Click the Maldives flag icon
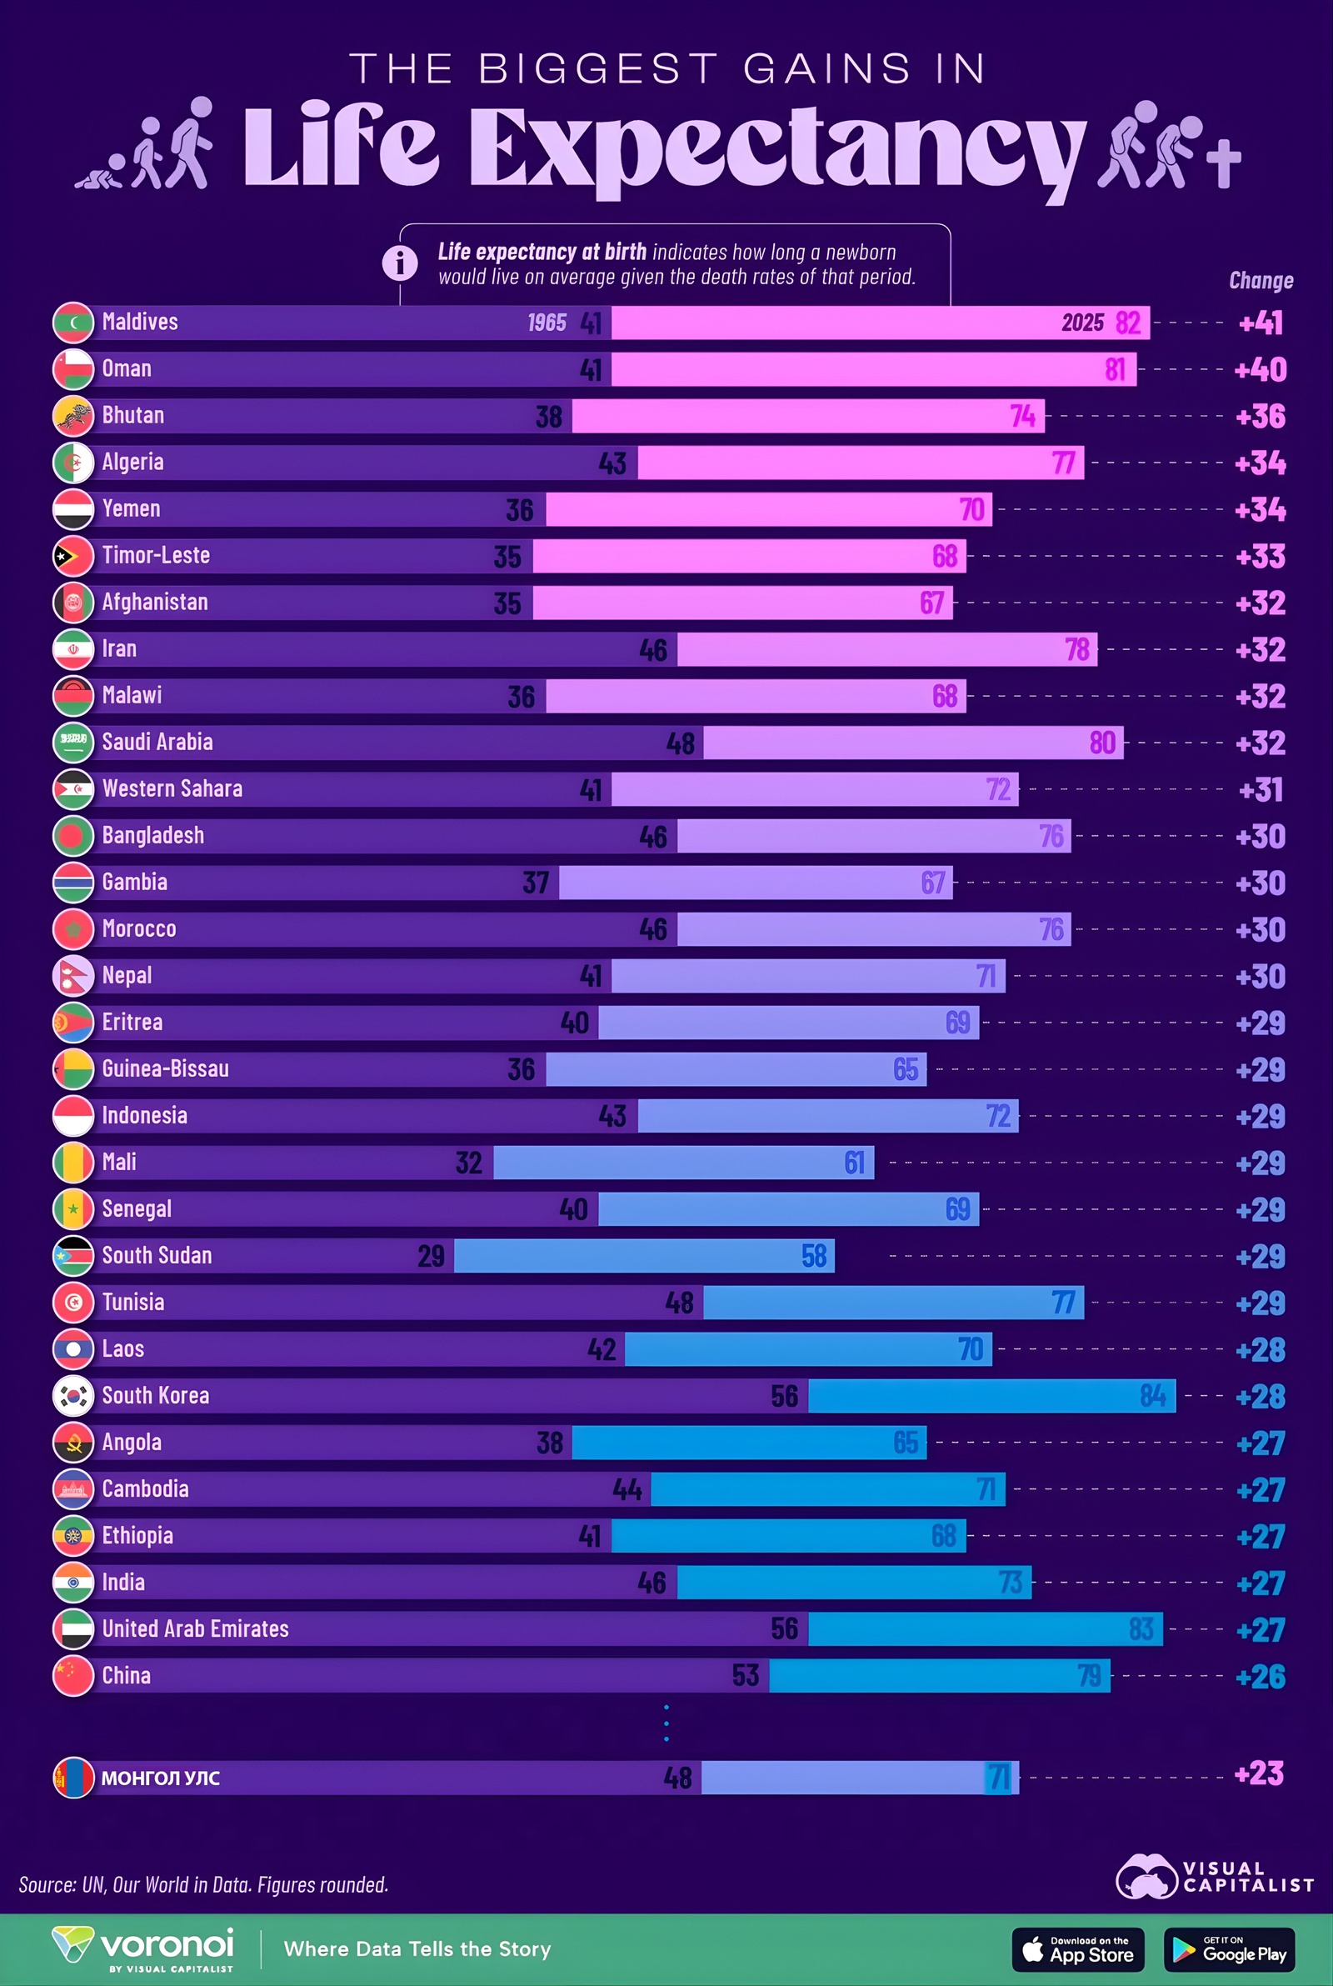coord(73,323)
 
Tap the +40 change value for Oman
coord(1260,370)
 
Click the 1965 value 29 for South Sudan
coord(431,1256)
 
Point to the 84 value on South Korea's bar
coord(1153,1396)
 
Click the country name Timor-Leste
coord(156,556)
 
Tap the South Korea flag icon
coord(73,1396)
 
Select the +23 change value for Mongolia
coord(1258,1773)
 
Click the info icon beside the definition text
coord(400,263)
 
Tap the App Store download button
coord(1077,1949)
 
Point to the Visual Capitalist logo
coord(1214,1876)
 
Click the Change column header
coord(1261,281)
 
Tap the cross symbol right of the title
coord(1223,162)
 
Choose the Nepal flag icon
coord(73,976)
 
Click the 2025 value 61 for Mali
coord(855,1163)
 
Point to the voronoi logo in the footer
coord(142,1948)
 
